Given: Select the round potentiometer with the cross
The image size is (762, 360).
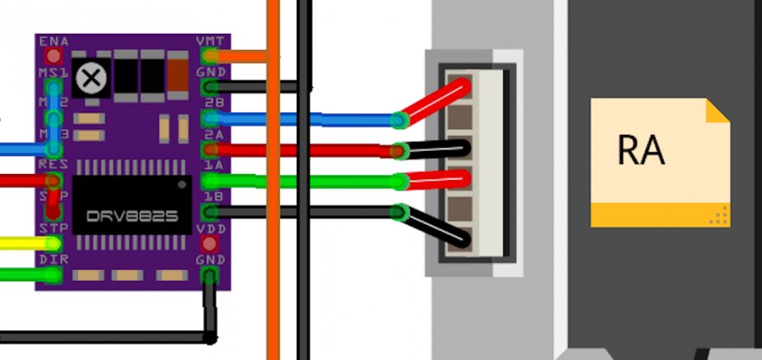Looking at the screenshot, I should point(90,80).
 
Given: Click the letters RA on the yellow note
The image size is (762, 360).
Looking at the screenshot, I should point(641,150).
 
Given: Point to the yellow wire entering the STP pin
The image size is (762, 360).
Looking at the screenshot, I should point(22,244).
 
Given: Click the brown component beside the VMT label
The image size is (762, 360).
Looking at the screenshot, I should point(178,74).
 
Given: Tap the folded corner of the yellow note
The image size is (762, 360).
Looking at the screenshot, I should point(718,111).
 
